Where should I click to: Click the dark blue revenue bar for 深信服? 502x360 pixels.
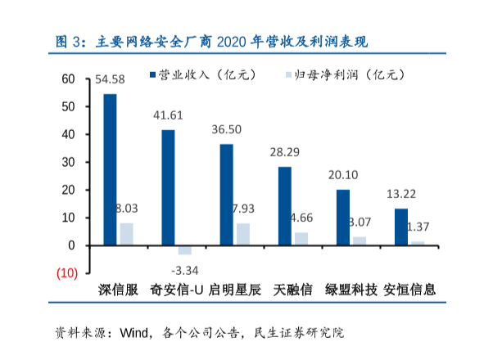pos(110,169)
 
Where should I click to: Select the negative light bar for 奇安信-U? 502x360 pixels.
pos(184,250)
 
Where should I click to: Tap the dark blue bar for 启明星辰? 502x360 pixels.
pos(227,195)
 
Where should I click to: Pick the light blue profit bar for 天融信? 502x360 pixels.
pos(301,239)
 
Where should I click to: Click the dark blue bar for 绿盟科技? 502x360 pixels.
pos(343,217)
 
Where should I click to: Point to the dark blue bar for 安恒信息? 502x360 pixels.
pos(401,227)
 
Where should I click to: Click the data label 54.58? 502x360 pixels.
pos(110,79)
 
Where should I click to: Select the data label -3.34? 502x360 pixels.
pos(185,270)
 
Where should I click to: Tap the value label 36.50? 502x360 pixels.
pos(227,129)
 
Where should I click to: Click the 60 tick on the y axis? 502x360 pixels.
pos(68,79)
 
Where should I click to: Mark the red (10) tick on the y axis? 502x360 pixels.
pos(66,272)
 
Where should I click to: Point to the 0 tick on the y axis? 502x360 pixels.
pos(71,245)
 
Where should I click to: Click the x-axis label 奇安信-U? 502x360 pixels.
pos(177,290)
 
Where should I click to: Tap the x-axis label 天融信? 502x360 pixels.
pos(292,290)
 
